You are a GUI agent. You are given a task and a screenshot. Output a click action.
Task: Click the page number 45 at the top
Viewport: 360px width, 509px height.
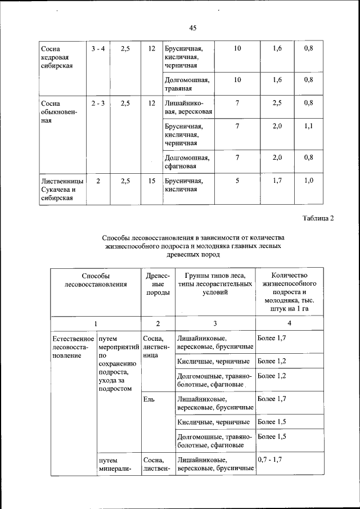192,28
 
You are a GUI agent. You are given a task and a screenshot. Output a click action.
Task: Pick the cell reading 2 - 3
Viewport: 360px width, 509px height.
97,103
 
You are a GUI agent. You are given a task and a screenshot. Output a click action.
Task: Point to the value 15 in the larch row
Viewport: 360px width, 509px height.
151,181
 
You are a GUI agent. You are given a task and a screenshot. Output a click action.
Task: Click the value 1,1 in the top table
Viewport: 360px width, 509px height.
308,127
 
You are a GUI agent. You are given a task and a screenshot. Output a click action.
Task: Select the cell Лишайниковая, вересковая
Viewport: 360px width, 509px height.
188,107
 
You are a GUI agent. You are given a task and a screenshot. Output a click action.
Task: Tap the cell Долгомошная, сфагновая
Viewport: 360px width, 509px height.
187,162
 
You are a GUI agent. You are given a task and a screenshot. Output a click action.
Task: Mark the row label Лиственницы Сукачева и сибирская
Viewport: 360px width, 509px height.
62,190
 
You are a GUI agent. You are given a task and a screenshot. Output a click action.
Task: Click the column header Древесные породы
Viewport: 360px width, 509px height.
157,285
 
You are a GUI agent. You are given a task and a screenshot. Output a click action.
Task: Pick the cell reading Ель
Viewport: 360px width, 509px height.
148,399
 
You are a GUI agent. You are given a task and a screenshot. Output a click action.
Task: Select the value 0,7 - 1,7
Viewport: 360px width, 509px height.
269,460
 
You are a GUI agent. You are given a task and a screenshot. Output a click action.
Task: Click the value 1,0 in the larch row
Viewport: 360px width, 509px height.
308,181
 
